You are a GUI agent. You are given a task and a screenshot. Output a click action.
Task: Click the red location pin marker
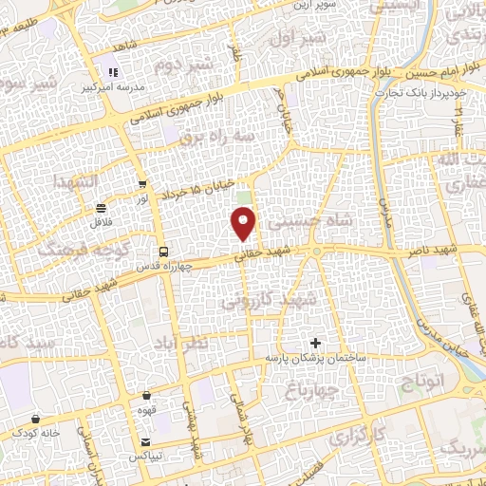pos(244,225)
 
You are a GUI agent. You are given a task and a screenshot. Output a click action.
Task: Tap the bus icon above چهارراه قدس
pos(165,252)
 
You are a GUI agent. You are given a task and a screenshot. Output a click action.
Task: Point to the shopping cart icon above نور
pos(142,186)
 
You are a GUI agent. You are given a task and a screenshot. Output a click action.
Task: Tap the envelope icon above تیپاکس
pos(145,443)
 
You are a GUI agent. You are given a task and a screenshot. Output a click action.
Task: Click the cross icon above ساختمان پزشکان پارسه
pos(316,342)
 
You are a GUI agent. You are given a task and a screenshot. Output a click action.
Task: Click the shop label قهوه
pos(147,413)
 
